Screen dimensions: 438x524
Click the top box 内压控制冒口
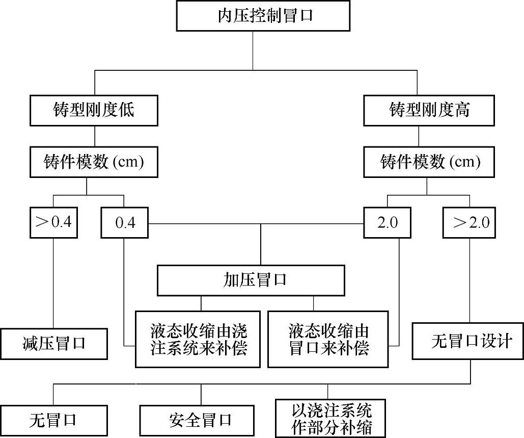[x=263, y=16]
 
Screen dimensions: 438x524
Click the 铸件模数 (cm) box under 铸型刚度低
[x=94, y=163]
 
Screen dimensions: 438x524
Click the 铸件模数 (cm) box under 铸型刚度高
[x=429, y=163]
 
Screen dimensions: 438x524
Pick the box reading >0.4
[x=53, y=223]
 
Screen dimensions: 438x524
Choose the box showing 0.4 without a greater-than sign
[x=124, y=223]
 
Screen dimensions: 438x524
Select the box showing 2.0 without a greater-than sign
[x=387, y=223]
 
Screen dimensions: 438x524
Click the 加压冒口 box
[x=251, y=280]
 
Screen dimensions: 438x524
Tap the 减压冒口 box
[x=54, y=344]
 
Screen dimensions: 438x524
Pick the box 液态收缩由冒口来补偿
[x=328, y=339]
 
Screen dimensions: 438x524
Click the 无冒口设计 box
[x=468, y=341]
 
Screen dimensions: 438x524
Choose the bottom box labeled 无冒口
[x=53, y=421]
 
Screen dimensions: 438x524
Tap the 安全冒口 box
[x=197, y=421]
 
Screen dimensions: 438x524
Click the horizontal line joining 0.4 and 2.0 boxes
[x=204, y=223]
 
